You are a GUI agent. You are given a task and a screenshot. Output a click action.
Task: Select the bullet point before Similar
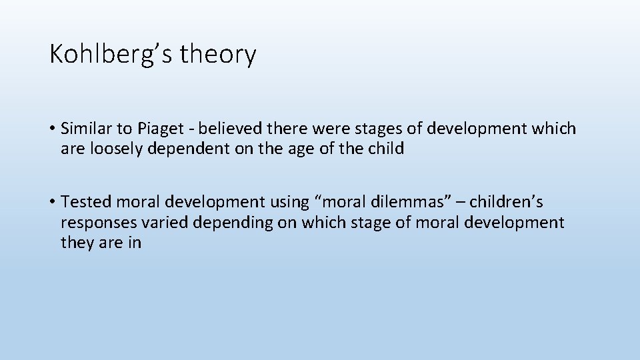[52, 129]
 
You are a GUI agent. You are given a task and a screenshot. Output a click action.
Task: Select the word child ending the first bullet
[387, 149]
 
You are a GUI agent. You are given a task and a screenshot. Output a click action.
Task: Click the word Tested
[85, 201]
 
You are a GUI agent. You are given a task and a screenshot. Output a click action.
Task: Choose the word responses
[97, 223]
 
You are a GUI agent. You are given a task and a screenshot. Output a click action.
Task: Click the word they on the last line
[77, 243]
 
